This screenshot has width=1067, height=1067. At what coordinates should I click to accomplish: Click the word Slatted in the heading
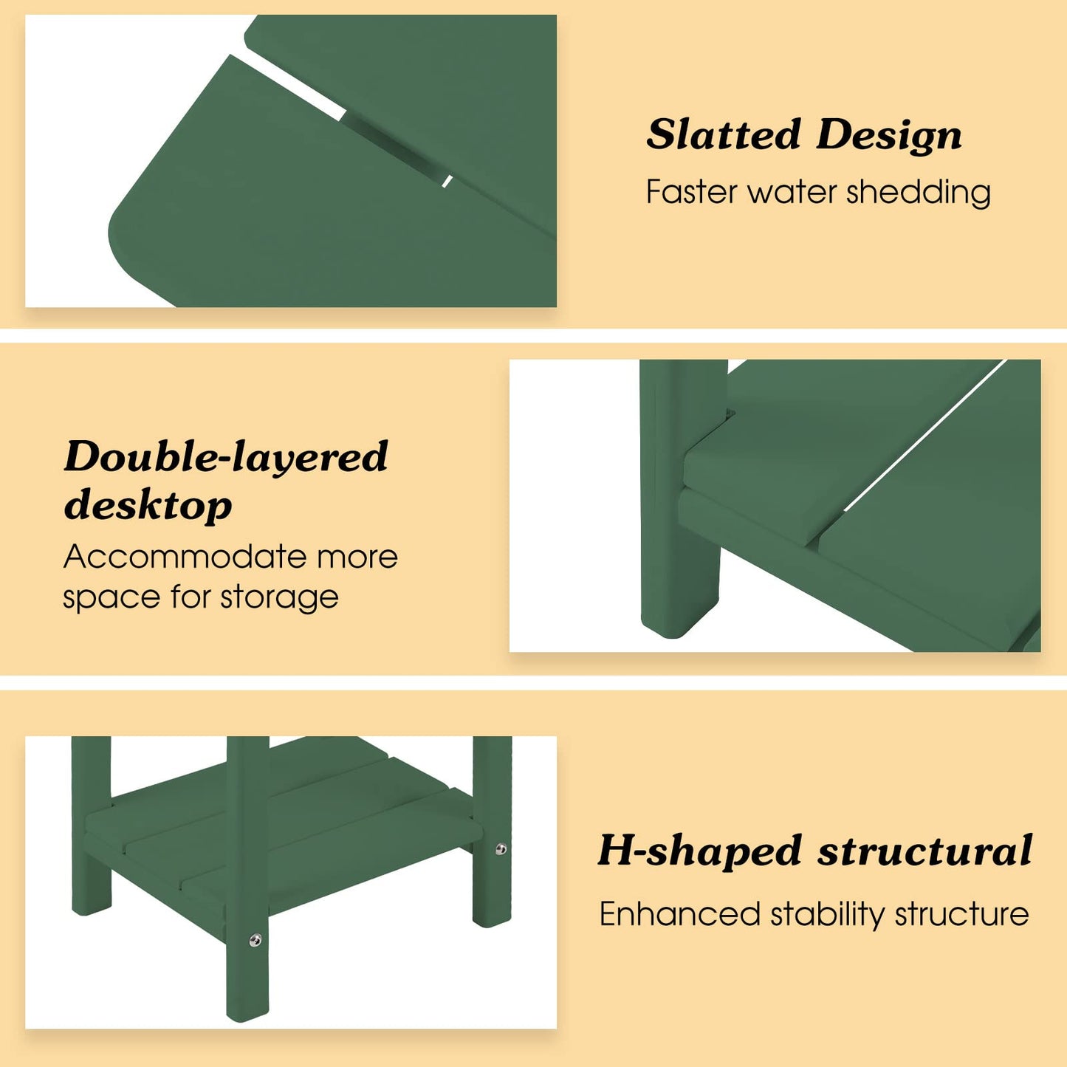coord(724,134)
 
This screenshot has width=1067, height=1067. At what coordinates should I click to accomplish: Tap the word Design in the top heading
coord(889,136)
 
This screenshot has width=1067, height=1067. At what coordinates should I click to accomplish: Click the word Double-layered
coord(226,457)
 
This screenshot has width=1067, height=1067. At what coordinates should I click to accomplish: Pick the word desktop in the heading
coord(148,504)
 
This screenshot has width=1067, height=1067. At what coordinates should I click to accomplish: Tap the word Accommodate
coord(185,556)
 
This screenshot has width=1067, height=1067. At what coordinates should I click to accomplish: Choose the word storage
coord(279,598)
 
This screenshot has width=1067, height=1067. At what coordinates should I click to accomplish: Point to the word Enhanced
coord(680,913)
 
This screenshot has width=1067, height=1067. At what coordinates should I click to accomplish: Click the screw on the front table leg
coord(255,940)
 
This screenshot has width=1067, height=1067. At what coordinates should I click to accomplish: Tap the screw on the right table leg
coord(501,849)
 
